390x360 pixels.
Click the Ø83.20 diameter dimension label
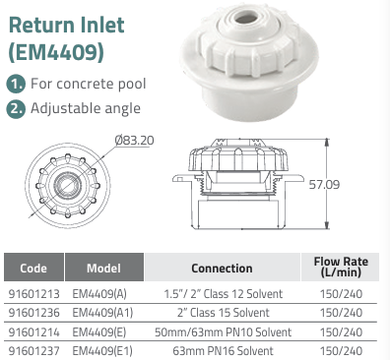(x=134, y=141)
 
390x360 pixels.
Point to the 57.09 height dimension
(x=324, y=185)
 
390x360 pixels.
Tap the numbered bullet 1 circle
(x=16, y=84)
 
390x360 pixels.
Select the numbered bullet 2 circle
(x=16, y=108)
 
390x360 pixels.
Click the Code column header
(x=33, y=268)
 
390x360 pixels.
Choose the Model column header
(x=104, y=268)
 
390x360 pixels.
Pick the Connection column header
(x=223, y=268)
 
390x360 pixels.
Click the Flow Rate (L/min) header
(x=341, y=267)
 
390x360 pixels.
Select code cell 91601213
(x=34, y=294)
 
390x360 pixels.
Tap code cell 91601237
(x=34, y=351)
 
